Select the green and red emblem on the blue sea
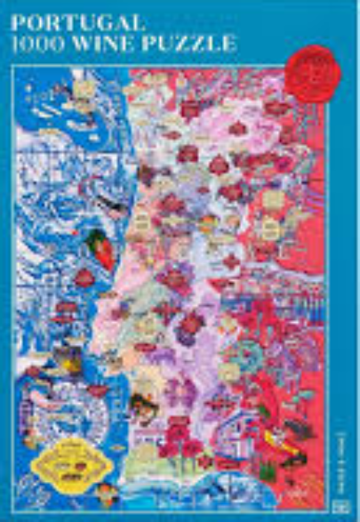coord(98,242)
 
